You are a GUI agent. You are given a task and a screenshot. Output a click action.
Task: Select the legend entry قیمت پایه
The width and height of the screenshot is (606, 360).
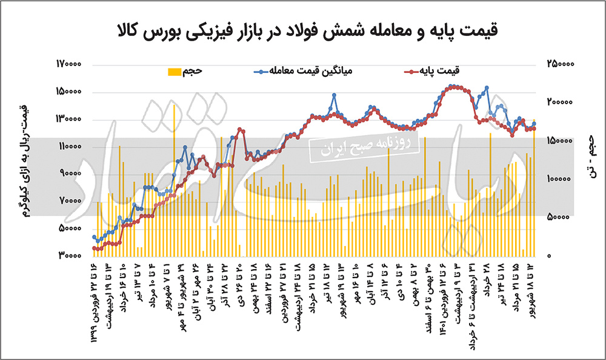click(438, 71)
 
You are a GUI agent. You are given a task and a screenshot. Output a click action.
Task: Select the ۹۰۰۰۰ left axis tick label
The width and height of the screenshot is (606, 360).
click(71, 174)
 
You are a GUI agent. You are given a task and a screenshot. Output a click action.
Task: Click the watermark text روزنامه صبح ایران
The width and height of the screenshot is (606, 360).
click(364, 146)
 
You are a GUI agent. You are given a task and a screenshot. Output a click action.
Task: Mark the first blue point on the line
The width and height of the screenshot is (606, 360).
click(95, 237)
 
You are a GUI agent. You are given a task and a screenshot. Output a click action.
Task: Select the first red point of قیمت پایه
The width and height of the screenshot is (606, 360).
click(95, 248)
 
